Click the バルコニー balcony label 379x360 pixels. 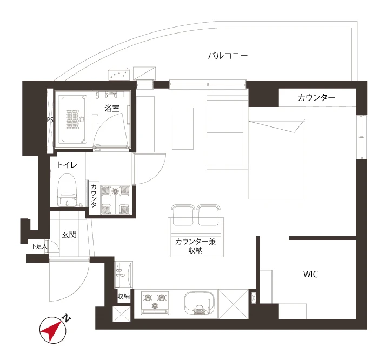[x=228, y=56]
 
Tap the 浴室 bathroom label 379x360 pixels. [x=112, y=108]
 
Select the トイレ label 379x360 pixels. [x=67, y=165]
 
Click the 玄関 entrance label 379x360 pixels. [x=69, y=235]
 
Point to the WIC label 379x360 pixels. [x=310, y=274]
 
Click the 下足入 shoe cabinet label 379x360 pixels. [x=39, y=246]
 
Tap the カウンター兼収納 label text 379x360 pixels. [x=195, y=246]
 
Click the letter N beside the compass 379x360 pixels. [x=66, y=318]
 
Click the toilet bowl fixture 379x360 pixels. [x=67, y=190]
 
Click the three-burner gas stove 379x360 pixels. [x=155, y=303]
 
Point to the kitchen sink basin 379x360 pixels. [x=200, y=303]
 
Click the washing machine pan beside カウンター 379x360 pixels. [x=115, y=200]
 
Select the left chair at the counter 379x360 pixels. [x=183, y=215]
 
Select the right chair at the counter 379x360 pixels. [x=208, y=215]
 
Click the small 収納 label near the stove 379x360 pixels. [x=123, y=296]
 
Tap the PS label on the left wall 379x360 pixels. [x=50, y=120]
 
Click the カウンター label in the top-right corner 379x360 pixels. [x=316, y=98]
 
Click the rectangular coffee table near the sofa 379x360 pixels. [x=183, y=129]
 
